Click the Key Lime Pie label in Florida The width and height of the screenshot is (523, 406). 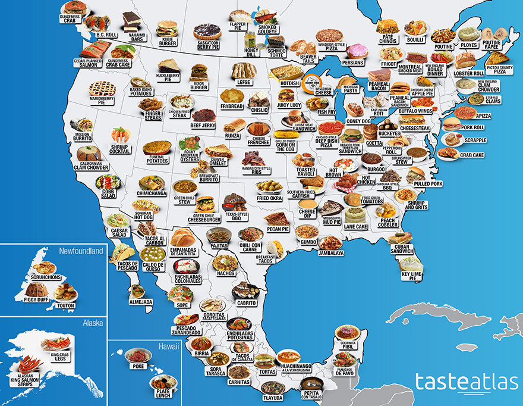[411, 276]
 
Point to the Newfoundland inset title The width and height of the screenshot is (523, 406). [81, 251]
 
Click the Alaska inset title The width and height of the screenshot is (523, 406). [93, 323]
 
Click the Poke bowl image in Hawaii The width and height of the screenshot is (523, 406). [136, 356]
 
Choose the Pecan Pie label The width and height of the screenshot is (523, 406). [278, 229]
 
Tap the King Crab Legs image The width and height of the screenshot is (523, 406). [56, 342]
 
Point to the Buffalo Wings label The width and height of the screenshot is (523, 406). [415, 111]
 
